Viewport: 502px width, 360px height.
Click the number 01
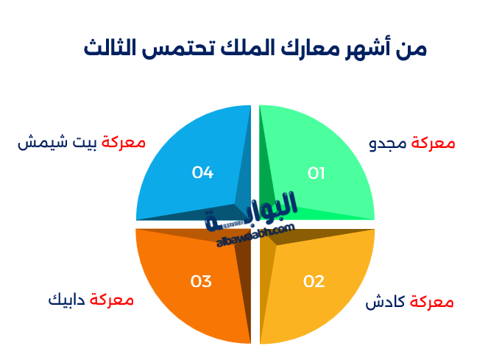316,174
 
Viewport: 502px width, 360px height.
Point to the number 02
314,281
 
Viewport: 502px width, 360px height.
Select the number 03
201,281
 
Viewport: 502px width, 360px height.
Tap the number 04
202,173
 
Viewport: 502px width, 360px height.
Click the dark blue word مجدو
388,144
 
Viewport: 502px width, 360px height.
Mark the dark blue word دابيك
66,300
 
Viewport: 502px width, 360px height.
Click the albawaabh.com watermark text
255,234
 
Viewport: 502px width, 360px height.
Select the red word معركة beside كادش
431,303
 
